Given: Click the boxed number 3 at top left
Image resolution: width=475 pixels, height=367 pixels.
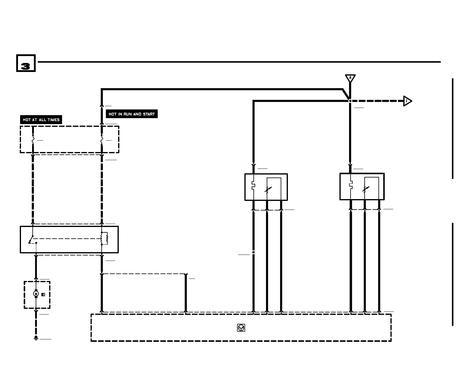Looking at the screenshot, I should point(26,63).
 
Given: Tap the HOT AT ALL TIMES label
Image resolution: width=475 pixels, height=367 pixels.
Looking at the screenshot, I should point(41,120).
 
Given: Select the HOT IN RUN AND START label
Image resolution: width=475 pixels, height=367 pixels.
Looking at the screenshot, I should point(132,114).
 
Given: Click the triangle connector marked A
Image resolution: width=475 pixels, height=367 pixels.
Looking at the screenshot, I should point(350,78).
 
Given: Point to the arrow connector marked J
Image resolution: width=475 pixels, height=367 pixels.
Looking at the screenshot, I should point(407,101).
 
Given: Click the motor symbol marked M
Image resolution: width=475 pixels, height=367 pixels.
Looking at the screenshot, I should point(36,294).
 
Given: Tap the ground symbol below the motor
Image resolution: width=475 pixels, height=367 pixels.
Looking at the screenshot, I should point(36,338).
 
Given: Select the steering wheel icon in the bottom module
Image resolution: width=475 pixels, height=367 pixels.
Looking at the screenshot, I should point(241,328).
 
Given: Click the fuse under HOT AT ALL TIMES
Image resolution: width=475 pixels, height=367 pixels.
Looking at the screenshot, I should point(33,140).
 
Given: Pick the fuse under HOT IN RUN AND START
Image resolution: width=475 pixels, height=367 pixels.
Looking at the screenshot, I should point(102,140).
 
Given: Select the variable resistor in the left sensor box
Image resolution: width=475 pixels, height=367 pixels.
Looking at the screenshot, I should point(268,189).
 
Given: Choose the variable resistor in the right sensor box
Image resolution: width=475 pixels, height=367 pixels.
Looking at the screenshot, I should point(366,189).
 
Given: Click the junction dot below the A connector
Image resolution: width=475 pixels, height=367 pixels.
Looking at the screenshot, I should point(350,101).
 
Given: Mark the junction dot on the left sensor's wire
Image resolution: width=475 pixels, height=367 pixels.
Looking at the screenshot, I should point(253,252).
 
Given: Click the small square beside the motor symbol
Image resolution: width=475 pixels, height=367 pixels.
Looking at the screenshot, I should point(43,294).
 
